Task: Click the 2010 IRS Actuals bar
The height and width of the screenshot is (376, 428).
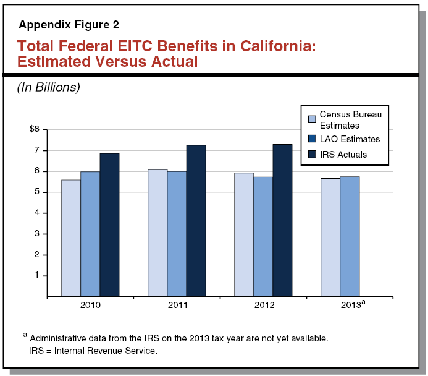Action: (x=109, y=225)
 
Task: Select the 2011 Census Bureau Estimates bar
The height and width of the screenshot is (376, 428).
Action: (x=157, y=233)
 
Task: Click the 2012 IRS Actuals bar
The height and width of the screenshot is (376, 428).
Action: (x=282, y=221)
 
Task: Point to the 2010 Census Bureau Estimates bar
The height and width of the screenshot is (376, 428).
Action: (x=71, y=238)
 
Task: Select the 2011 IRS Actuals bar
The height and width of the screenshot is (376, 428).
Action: (x=196, y=221)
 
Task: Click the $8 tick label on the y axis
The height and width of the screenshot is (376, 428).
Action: (x=35, y=129)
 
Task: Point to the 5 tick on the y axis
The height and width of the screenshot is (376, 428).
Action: (x=36, y=192)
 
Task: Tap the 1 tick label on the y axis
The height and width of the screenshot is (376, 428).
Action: (x=36, y=275)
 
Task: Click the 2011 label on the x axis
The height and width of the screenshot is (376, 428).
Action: (x=177, y=305)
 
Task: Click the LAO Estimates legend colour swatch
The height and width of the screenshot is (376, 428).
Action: (x=312, y=140)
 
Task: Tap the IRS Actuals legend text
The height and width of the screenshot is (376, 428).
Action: (x=343, y=154)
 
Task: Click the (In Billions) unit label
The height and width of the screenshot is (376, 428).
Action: (x=49, y=87)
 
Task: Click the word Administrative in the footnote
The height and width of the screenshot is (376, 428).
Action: (x=57, y=338)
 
